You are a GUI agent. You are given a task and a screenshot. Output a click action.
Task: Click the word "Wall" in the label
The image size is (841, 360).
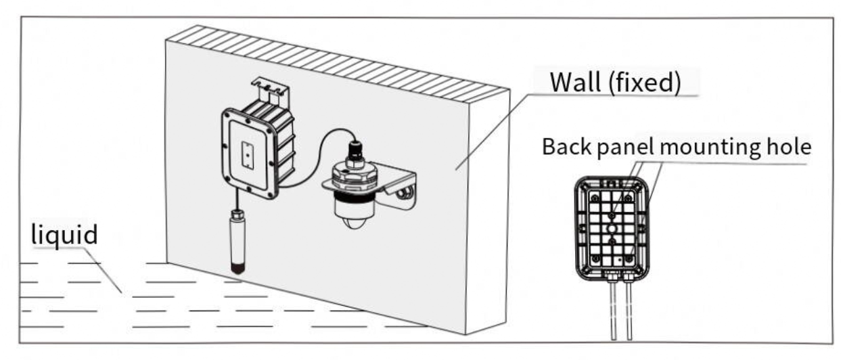(x=575, y=82)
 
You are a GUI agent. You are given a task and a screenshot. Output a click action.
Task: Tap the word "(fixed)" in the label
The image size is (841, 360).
(x=644, y=83)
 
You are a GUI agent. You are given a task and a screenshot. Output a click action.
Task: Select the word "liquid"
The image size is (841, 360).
(x=64, y=235)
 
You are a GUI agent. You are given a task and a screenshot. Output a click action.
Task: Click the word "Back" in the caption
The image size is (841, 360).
(x=567, y=146)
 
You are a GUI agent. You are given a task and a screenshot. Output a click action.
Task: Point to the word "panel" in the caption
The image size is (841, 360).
(x=626, y=148)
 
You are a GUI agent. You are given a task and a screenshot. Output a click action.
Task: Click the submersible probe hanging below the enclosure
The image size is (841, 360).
(x=237, y=242)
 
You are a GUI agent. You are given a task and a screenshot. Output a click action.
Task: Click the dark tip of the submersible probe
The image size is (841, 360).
(x=237, y=269)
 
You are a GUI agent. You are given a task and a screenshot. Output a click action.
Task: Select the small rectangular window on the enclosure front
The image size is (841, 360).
(x=248, y=155)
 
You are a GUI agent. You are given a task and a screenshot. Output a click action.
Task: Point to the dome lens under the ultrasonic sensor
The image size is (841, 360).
(x=353, y=222)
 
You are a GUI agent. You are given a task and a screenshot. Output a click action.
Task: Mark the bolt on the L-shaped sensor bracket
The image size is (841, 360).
(x=405, y=194)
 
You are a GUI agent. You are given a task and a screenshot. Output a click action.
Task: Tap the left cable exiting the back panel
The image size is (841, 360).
(x=614, y=311)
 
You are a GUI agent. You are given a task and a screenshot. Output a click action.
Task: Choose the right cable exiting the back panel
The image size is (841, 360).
(x=629, y=311)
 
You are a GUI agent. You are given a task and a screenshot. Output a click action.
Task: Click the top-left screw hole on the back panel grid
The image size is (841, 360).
(x=595, y=198)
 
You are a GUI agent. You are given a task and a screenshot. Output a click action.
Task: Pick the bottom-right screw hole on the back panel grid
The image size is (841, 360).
(x=628, y=258)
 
